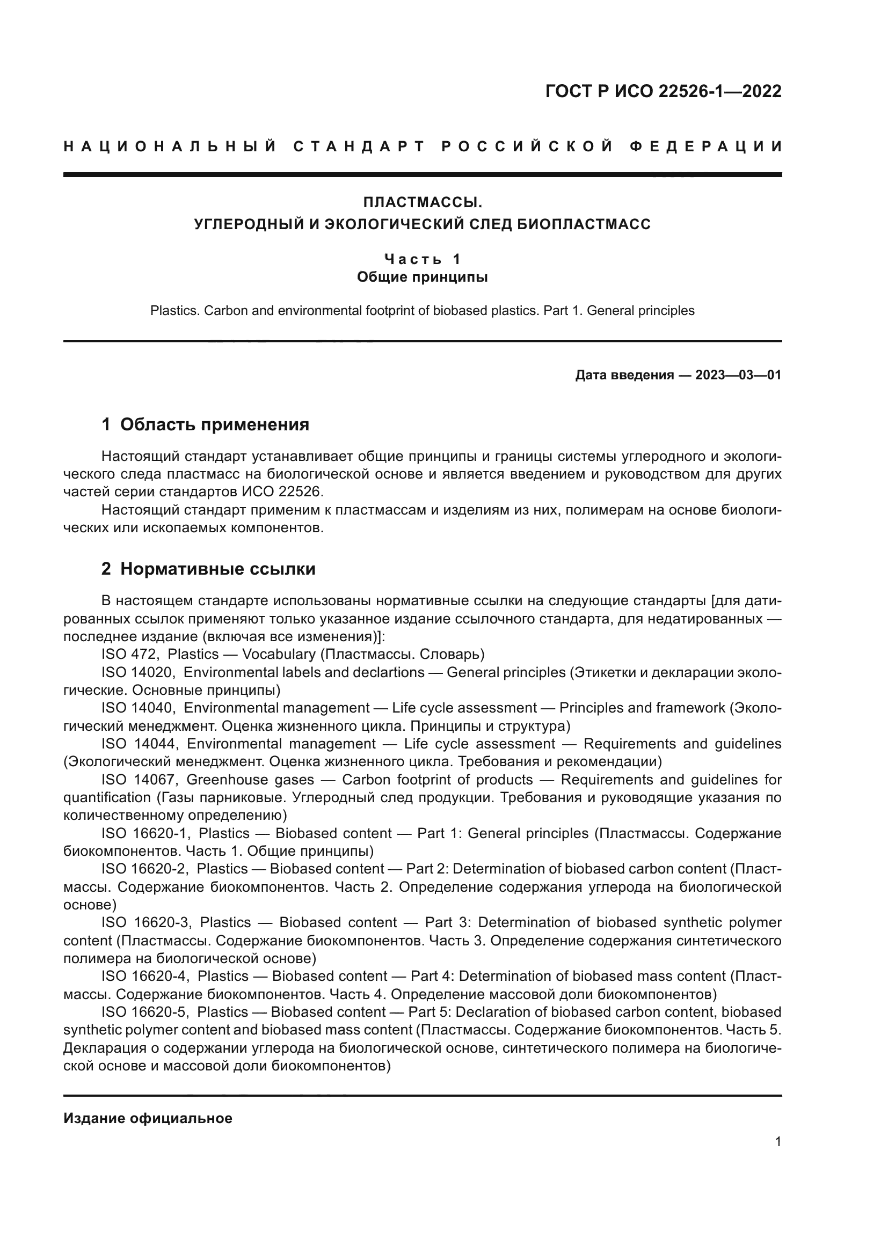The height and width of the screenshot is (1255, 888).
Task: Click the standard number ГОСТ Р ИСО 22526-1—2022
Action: click(663, 91)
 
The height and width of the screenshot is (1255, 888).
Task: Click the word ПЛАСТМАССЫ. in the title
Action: click(423, 203)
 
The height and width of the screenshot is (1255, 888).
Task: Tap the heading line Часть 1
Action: click(423, 258)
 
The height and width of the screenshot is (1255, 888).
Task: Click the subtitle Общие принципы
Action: click(422, 277)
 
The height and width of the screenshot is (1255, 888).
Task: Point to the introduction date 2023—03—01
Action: click(738, 375)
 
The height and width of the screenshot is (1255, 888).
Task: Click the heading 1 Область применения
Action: click(205, 424)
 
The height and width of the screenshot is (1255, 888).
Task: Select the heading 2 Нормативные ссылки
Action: click(208, 569)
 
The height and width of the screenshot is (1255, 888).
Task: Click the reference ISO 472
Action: click(129, 654)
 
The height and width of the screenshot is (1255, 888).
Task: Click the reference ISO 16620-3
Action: click(145, 922)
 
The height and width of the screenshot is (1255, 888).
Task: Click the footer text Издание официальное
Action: click(148, 1118)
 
